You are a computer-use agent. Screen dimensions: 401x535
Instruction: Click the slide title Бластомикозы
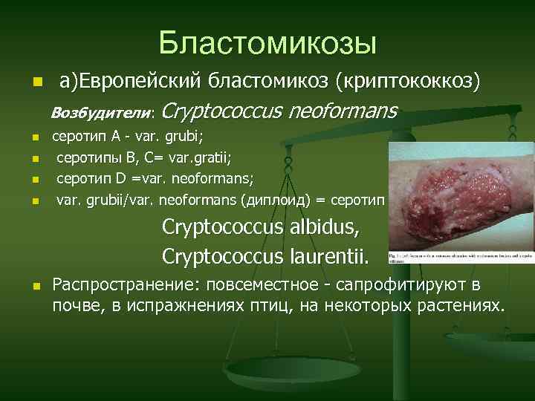point(267,42)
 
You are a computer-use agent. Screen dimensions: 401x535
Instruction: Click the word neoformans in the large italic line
point(343,111)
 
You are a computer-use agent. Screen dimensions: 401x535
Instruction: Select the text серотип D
point(91,179)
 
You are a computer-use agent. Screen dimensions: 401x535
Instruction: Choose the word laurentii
point(325,256)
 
